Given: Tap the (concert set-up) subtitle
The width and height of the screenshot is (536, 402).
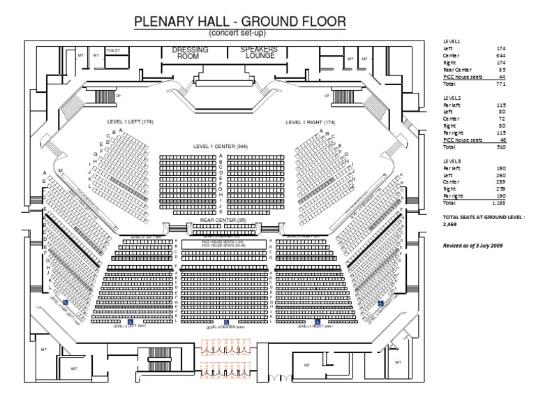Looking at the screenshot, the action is pyautogui.click(x=239, y=33).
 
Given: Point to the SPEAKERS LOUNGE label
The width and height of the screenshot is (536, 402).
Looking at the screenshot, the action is pyautogui.click(x=259, y=52).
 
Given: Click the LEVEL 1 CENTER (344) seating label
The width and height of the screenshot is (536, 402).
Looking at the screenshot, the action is pyautogui.click(x=220, y=147).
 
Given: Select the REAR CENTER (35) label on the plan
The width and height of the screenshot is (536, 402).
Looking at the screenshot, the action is pyautogui.click(x=220, y=219).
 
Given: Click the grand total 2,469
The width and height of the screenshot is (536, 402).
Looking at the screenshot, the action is pyautogui.click(x=453, y=225).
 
